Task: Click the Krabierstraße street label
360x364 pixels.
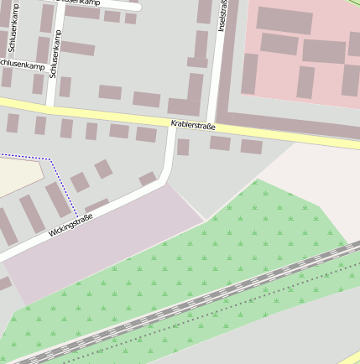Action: point(193,126)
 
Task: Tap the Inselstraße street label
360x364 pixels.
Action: point(222,15)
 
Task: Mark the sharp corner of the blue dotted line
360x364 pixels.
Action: point(50,159)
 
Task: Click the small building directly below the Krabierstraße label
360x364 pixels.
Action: point(182,148)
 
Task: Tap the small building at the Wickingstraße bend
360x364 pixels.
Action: point(149,179)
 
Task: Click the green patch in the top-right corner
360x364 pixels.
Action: point(355,3)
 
